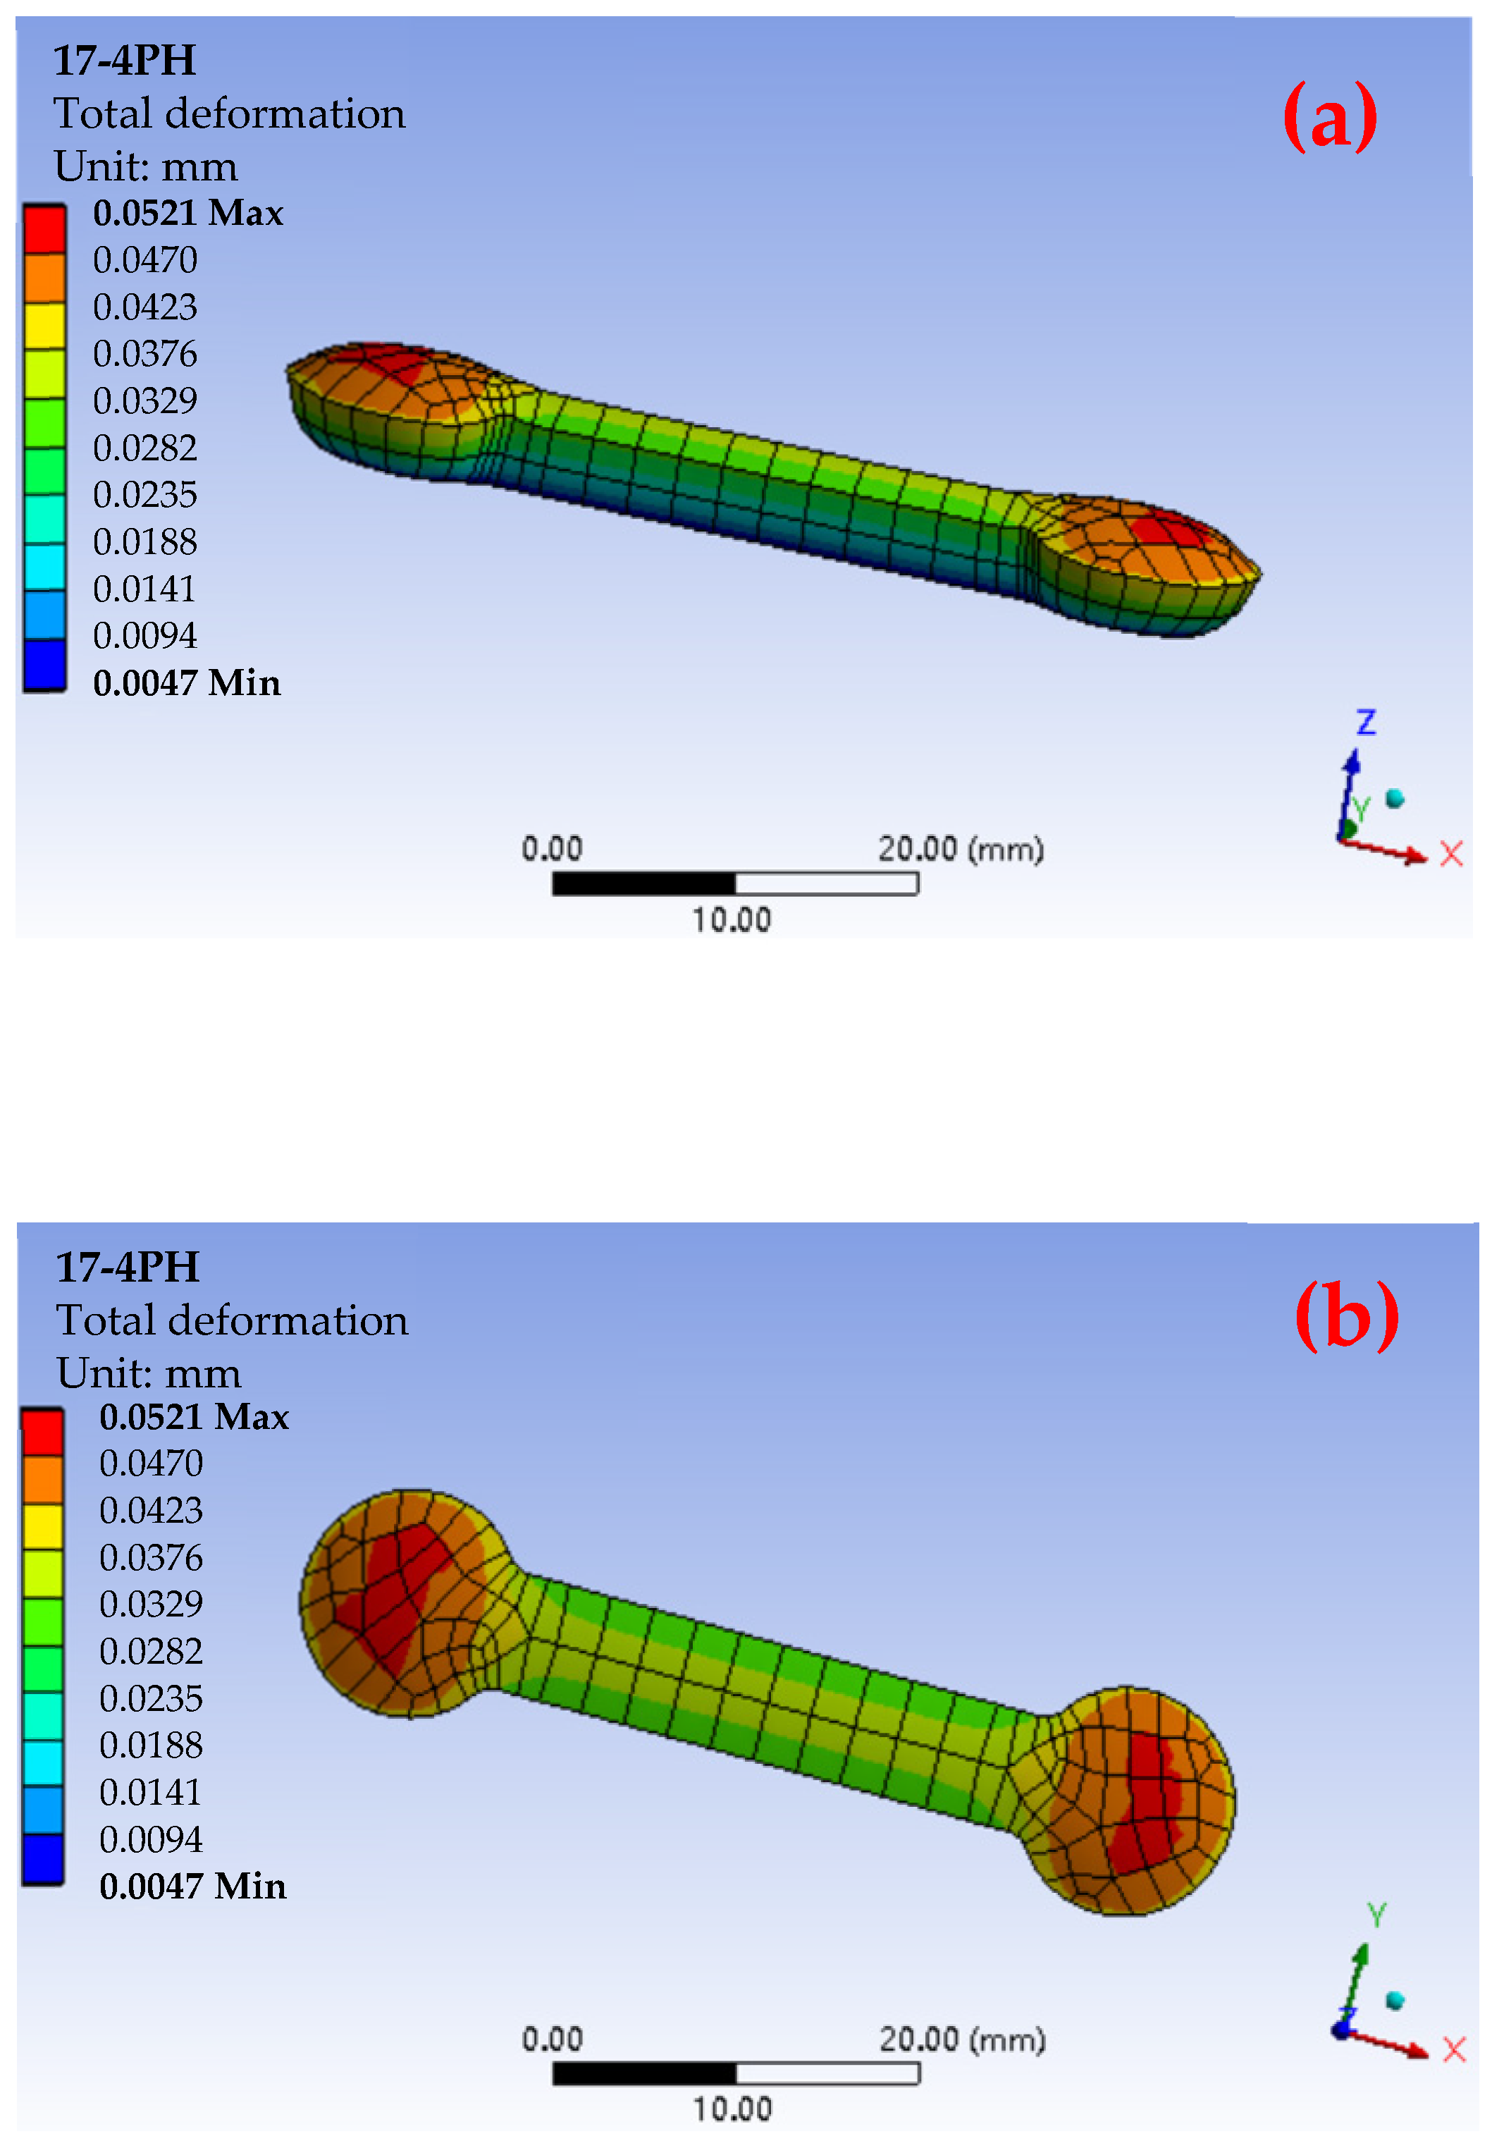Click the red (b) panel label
click(x=1347, y=1314)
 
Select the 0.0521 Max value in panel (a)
click(x=187, y=213)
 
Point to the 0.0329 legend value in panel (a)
click(x=144, y=400)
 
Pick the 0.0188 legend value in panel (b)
click(x=150, y=1745)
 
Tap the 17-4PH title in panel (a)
click(x=125, y=61)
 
